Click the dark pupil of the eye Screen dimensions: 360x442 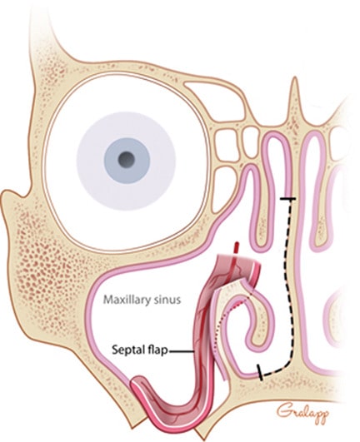126,160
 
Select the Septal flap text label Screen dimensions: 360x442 140,350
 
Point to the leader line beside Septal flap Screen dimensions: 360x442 181,351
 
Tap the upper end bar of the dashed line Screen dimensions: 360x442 288,199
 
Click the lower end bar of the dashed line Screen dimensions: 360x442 260,372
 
